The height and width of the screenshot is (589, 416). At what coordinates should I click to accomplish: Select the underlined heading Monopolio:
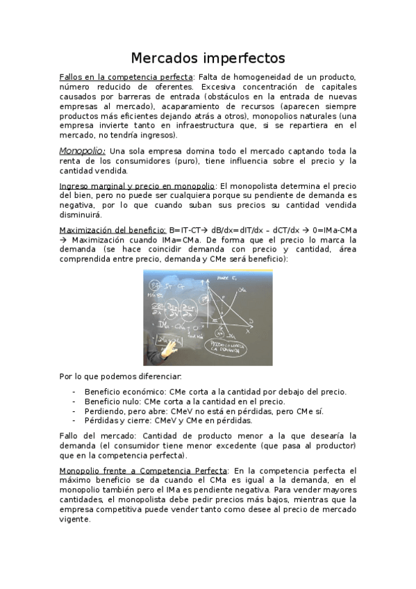(82, 151)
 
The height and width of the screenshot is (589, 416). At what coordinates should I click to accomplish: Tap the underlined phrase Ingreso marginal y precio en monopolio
(137, 186)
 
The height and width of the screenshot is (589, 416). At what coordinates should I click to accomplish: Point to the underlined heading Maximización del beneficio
(112, 229)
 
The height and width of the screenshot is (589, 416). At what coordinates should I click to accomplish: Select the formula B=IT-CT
(188, 229)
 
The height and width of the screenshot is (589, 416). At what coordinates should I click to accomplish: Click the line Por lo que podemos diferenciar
(120, 376)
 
